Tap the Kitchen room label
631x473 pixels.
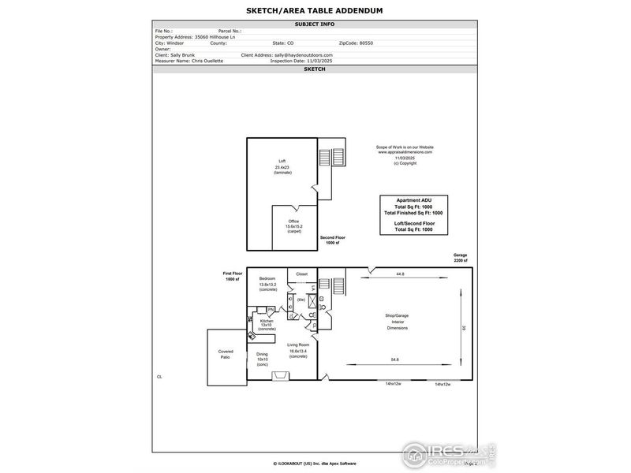pyautogui.click(x=267, y=321)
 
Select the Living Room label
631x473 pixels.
pyautogui.click(x=297, y=345)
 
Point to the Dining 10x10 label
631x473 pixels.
pyautogui.click(x=263, y=355)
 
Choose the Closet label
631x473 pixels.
pyautogui.click(x=302, y=274)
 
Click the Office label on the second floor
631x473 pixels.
pyautogui.click(x=293, y=222)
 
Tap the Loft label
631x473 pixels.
pyautogui.click(x=282, y=161)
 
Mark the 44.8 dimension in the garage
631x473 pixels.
pyautogui.click(x=400, y=274)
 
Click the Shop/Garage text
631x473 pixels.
pyautogui.click(x=398, y=315)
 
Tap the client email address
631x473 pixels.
pyautogui.click(x=304, y=54)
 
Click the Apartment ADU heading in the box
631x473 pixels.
pyautogui.click(x=414, y=202)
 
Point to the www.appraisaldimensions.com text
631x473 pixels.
pyautogui.click(x=405, y=151)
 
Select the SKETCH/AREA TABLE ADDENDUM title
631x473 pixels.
pyautogui.click(x=315, y=10)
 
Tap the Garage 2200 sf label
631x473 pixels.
pyautogui.click(x=461, y=259)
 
